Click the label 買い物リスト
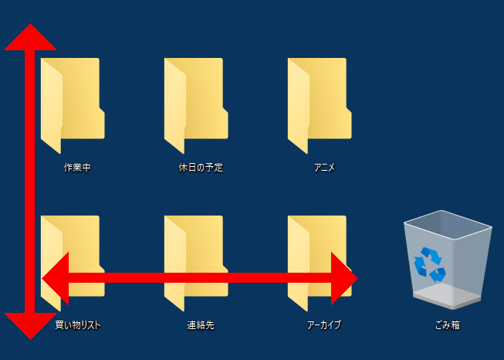point(78,325)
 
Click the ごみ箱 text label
point(448,325)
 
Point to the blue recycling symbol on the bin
point(430,263)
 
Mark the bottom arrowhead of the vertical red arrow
point(30,325)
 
